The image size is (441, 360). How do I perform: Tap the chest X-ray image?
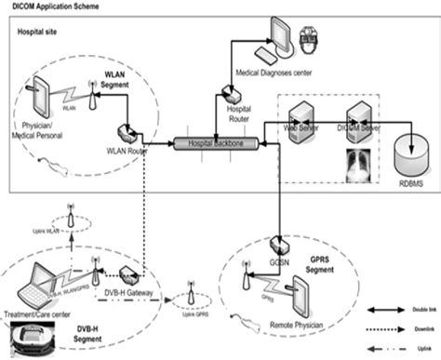tap(360, 162)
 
